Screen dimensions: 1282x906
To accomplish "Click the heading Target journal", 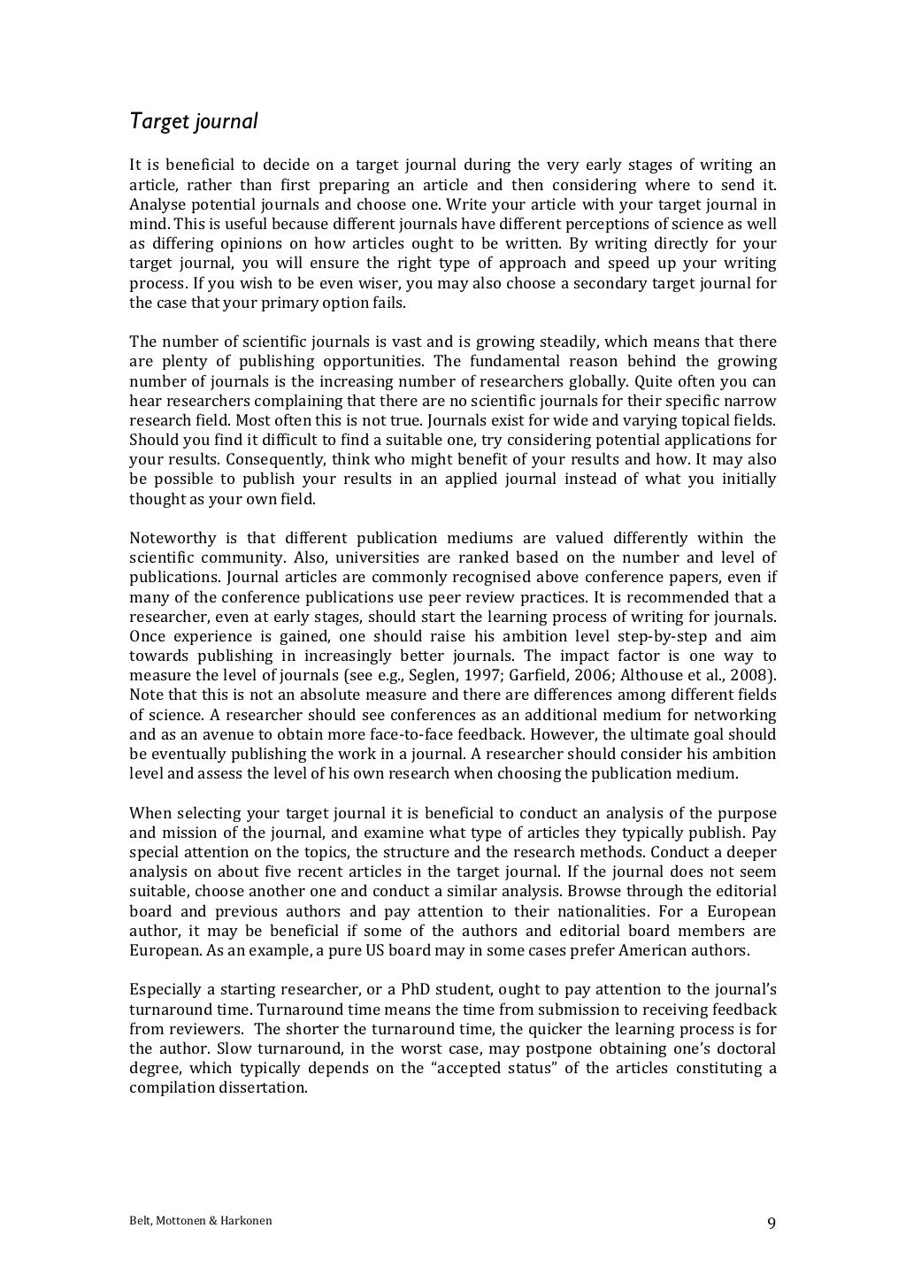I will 194,121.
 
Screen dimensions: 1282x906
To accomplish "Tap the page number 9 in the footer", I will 771,1224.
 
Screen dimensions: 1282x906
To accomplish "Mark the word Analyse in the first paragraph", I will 157,204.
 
